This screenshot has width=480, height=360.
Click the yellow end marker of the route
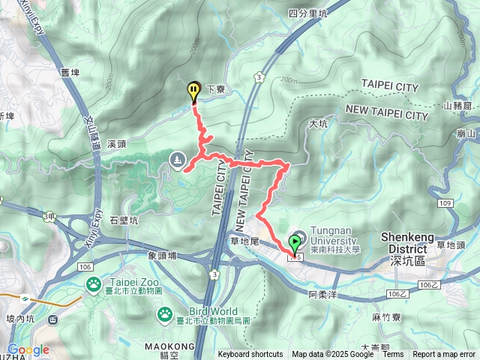coord(193,91)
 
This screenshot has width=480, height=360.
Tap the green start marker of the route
coord(295,243)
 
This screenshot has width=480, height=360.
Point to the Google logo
coord(28,349)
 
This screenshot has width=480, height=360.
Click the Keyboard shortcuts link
coord(250,355)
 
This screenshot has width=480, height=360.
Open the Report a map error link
coord(444,355)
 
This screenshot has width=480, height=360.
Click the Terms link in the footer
coord(393,355)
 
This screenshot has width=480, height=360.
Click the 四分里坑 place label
coord(307,13)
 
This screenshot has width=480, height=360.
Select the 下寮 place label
coord(216,89)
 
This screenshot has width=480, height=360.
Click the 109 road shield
coord(445,203)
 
